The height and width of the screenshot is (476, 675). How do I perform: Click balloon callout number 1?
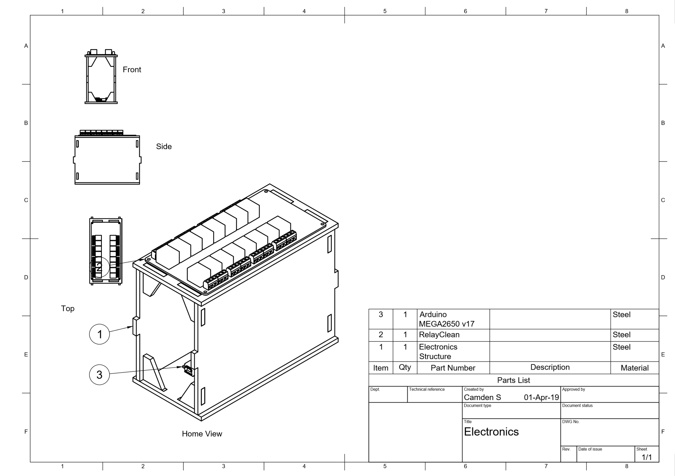tap(99, 334)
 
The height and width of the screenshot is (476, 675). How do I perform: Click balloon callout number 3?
tap(99, 374)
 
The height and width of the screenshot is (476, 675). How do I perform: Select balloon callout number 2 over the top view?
tap(99, 267)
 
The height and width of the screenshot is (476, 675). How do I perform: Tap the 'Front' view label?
tap(132, 70)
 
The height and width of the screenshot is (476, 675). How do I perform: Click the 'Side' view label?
tap(164, 146)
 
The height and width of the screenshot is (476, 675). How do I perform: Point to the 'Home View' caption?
tap(202, 434)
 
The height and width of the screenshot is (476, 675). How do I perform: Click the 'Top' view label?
tap(67, 308)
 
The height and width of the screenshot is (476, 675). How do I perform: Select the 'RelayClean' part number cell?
tap(439, 334)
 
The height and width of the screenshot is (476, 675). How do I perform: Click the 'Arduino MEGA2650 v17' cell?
tap(446, 319)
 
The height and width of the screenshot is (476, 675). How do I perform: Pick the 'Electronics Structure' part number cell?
tap(438, 351)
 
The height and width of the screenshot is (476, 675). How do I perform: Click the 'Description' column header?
tap(550, 367)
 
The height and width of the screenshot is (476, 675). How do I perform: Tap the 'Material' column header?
tap(634, 368)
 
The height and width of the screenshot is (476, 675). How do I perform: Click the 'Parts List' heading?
tap(513, 380)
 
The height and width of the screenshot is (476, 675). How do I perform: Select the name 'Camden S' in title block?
tap(482, 397)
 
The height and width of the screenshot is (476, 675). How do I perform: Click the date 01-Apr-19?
tap(541, 397)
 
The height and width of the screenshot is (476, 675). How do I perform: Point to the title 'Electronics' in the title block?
tap(491, 432)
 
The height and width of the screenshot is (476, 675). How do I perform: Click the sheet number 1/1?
tap(647, 457)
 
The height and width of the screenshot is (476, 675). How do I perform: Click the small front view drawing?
tap(101, 77)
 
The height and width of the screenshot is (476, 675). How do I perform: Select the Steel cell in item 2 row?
tap(621, 334)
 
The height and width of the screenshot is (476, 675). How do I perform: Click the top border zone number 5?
tap(385, 11)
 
